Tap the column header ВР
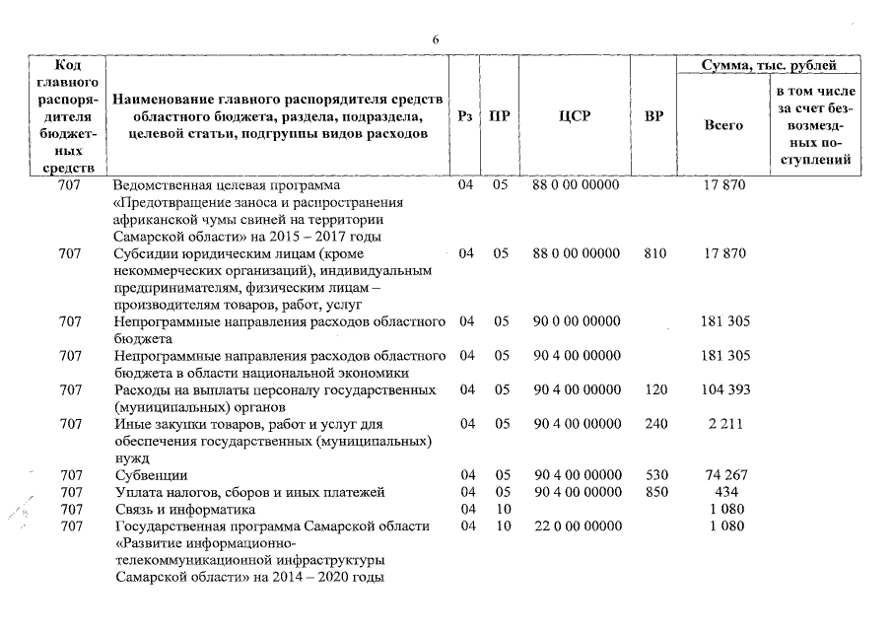653,115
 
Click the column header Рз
467,115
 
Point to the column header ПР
501,115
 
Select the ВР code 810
653,253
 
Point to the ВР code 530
653,475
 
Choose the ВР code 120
653,390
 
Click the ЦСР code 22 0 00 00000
577,526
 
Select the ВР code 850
653,492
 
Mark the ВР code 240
653,424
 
